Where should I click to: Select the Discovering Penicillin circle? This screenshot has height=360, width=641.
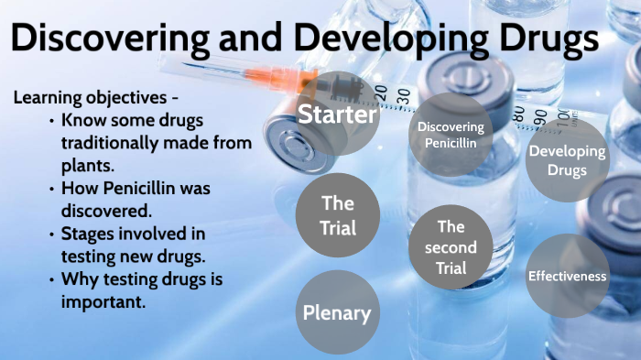[450, 134]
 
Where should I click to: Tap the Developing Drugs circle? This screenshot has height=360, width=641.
[566, 161]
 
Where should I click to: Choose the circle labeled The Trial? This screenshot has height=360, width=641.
[338, 214]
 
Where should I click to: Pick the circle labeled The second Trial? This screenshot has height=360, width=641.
[451, 247]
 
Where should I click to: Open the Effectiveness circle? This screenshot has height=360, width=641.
[567, 275]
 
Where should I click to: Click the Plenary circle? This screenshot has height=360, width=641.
[337, 313]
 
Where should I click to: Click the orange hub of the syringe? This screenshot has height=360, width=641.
[279, 77]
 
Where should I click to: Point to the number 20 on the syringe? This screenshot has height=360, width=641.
[404, 93]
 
